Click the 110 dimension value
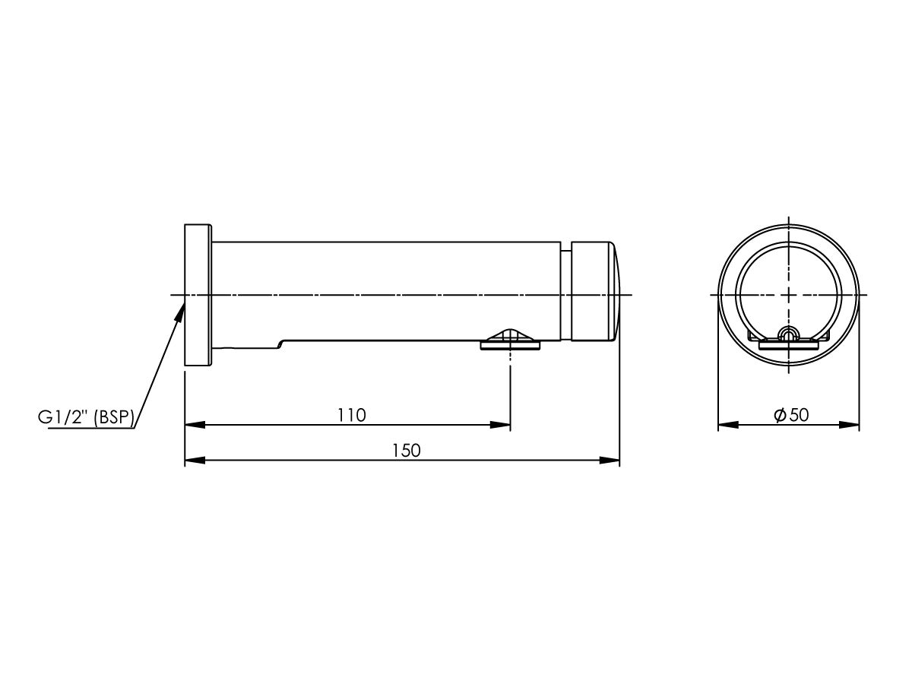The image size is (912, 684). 352,415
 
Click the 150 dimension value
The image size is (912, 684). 407,450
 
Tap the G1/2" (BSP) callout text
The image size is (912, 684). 86,417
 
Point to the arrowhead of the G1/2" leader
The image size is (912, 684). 181,306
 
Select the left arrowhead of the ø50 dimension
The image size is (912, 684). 728,425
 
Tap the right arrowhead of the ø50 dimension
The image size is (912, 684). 850,425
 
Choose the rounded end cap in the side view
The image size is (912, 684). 595,295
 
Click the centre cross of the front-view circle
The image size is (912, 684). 789,295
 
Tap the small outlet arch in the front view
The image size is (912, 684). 789,332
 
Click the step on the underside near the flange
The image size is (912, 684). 281,344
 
